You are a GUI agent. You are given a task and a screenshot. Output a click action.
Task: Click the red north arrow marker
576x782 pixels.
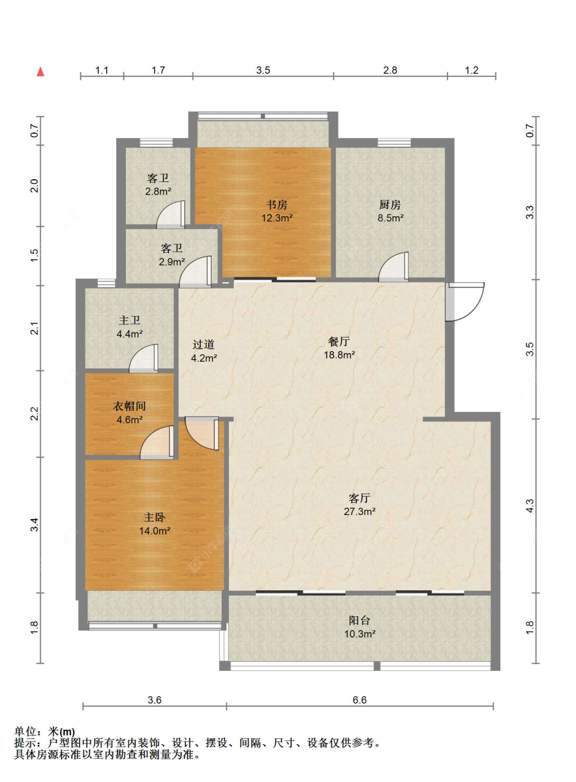(x=41, y=72)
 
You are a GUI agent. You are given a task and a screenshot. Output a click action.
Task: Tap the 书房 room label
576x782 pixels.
(x=277, y=204)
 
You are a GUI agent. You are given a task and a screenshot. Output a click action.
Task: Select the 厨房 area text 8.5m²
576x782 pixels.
(x=390, y=218)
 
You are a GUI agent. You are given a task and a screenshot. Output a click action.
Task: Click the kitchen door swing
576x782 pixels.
(x=394, y=266)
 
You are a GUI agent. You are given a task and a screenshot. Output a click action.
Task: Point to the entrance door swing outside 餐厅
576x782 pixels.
(x=465, y=302)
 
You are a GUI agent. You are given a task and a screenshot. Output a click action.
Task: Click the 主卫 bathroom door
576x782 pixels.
(x=143, y=358)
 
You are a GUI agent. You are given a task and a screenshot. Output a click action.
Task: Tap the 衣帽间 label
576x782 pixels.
(x=130, y=406)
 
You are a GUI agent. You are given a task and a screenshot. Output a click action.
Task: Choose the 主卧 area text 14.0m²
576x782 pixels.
(x=155, y=531)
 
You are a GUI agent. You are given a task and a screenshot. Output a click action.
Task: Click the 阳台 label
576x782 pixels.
(x=359, y=621)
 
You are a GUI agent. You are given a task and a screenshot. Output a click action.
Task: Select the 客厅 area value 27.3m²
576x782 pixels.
(x=360, y=511)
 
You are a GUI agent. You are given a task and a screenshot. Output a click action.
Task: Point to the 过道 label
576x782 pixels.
(x=204, y=344)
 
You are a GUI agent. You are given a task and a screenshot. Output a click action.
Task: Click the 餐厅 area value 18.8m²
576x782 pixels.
(x=339, y=355)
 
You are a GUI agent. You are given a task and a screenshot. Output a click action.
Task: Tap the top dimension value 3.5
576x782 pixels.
(x=263, y=70)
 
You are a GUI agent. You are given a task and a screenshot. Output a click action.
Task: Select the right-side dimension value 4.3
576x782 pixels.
(x=529, y=505)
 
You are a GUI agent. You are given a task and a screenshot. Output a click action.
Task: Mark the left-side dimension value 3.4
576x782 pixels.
(x=34, y=525)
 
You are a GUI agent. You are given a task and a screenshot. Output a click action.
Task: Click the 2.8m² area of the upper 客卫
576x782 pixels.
(x=158, y=191)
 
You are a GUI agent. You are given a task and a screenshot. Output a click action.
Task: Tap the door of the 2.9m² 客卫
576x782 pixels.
(x=196, y=272)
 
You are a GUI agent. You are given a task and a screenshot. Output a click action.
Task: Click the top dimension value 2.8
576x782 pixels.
(x=390, y=70)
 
